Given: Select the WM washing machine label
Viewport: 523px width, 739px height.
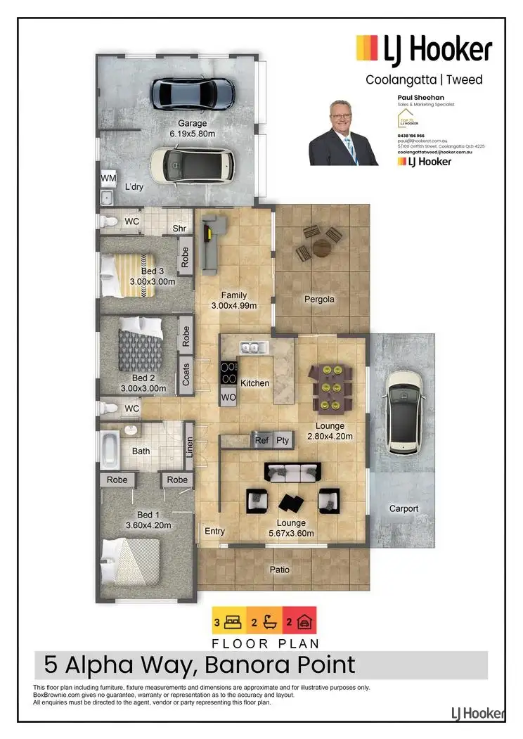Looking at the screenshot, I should click(x=108, y=179).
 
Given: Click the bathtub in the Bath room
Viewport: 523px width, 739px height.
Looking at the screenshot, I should click(x=110, y=450).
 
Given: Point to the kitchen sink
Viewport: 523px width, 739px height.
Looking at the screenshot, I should click(x=250, y=347).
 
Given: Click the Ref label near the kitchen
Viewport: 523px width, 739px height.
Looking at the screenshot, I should click(x=261, y=440).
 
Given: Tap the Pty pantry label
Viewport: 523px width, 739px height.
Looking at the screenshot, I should click(x=283, y=440).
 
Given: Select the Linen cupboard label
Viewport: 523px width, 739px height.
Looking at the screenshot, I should click(x=188, y=447).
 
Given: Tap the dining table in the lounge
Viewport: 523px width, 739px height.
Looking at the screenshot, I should click(x=330, y=387).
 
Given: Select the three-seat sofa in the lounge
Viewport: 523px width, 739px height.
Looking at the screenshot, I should click(x=292, y=473).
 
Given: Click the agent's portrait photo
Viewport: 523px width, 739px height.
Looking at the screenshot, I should click(x=344, y=133).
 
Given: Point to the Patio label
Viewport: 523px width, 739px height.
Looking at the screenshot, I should click(x=280, y=570).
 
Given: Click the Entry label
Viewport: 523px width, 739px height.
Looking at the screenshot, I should click(x=214, y=531).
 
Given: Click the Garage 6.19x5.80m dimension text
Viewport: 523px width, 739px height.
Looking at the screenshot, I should click(x=192, y=132).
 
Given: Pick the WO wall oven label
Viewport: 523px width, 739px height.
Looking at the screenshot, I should click(x=228, y=397).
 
